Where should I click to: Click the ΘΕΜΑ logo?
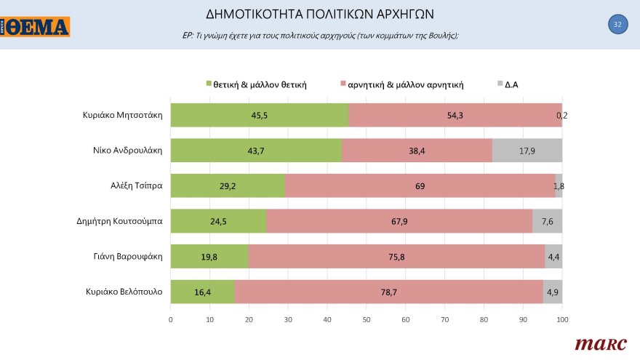36,27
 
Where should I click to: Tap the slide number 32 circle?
617,25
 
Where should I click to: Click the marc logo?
596,343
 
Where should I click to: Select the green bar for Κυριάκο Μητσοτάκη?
260,115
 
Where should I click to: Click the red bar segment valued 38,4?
417,151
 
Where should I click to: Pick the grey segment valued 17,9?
527,151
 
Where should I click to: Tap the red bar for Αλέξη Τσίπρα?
420,186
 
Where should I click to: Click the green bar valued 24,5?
218,221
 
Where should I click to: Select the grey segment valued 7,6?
547,221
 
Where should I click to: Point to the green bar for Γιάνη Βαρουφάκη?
209,257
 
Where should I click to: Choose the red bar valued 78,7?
389,292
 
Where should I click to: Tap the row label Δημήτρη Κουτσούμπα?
120,221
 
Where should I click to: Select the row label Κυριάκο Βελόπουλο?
123,292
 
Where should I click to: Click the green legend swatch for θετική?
209,84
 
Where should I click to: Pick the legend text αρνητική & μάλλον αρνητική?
406,84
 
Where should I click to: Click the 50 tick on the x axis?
366,319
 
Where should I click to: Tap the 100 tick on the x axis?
561,319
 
